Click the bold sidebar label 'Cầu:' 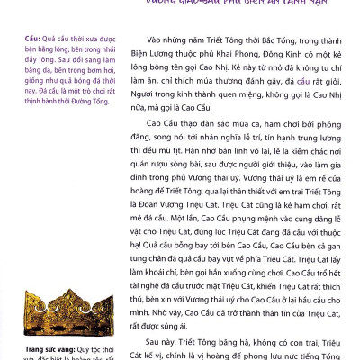click(x=37, y=40)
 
